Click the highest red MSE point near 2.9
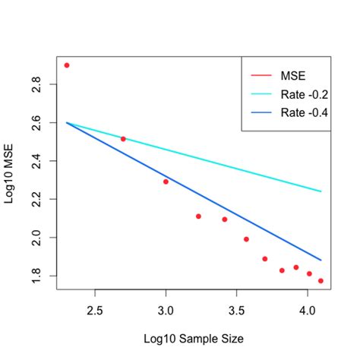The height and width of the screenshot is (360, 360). click(x=67, y=65)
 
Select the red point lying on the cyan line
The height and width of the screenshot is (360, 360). click(x=123, y=139)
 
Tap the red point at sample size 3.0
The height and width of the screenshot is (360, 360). click(x=166, y=182)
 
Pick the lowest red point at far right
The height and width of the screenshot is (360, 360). click(x=321, y=281)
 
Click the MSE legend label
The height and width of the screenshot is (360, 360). click(x=292, y=75)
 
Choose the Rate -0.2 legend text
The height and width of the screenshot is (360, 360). click(x=303, y=94)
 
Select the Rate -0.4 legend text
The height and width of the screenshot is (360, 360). click(x=303, y=113)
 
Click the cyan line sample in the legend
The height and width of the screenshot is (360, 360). click(x=260, y=94)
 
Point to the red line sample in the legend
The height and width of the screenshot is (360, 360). click(x=260, y=75)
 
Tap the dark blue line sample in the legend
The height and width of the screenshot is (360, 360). click(x=260, y=113)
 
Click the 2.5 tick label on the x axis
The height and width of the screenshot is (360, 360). click(x=94, y=311)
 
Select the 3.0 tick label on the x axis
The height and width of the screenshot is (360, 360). click(x=166, y=311)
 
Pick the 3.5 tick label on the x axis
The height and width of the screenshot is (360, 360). click(x=236, y=311)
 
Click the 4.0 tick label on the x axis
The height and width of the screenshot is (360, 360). click(x=307, y=311)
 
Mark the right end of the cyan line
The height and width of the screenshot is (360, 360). click(x=321, y=191)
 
